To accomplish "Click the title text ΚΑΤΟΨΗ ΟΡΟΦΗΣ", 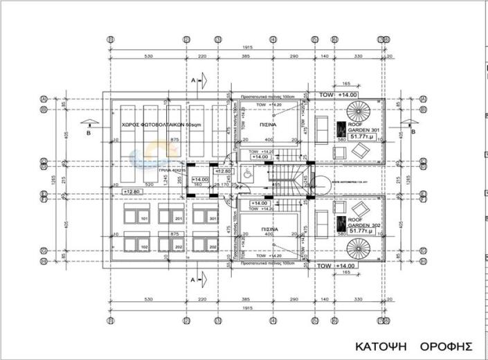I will pyautogui.click(x=413, y=345).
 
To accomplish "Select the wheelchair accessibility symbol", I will pyautogui.click(x=248, y=174).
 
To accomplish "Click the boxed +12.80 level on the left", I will pyautogui.click(x=132, y=192).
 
